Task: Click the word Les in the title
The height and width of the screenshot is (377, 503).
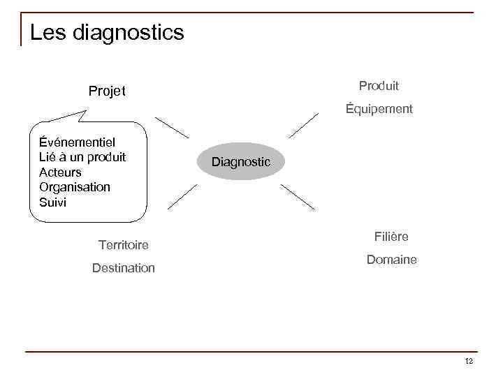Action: [47, 32]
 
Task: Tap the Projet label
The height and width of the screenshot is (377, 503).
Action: [107, 91]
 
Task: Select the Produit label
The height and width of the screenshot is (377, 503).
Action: [379, 86]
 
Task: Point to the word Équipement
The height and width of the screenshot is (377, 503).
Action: [379, 109]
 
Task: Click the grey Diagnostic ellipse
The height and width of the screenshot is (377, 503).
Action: [241, 162]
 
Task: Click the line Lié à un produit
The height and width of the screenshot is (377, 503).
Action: [82, 156]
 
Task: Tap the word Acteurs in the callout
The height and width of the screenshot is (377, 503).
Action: [60, 172]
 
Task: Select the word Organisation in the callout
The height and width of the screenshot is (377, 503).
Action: [75, 187]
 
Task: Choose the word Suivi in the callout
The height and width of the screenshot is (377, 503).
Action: [53, 202]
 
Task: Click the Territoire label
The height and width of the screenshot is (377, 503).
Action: [124, 245]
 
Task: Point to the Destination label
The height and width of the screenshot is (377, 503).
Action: [124, 268]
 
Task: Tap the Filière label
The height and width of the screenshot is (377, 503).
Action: [391, 237]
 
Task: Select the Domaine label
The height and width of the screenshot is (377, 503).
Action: [391, 260]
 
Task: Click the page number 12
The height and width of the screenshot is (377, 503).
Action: [469, 361]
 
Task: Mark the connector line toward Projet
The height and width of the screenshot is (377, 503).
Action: [172, 128]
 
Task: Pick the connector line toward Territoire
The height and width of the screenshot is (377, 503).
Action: [182, 198]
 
